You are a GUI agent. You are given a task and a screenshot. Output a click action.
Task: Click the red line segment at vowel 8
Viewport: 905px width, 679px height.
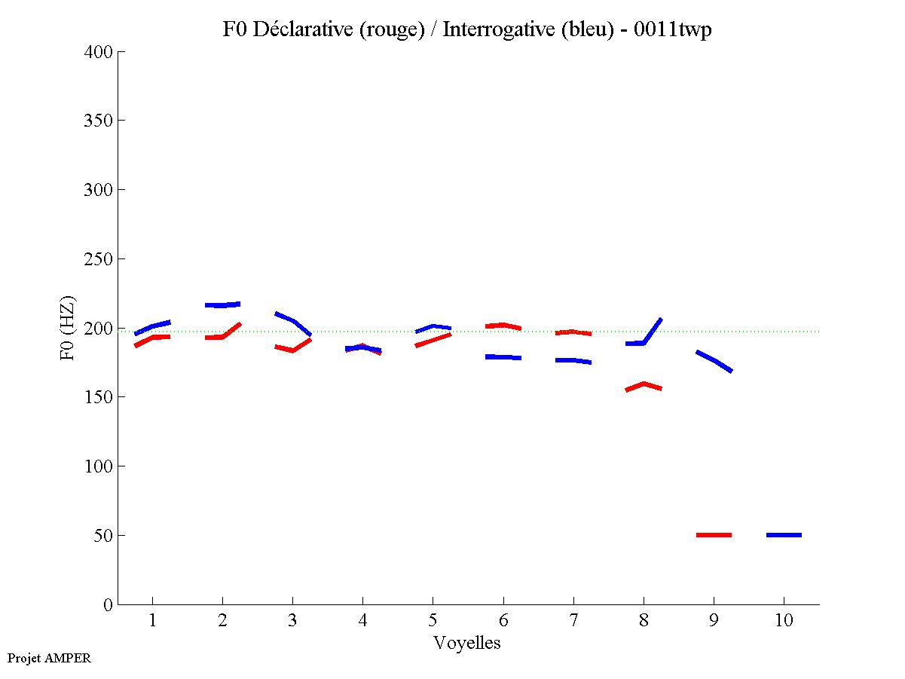click(644, 385)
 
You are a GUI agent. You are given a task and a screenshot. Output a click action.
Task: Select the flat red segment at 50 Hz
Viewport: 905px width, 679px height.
click(714, 535)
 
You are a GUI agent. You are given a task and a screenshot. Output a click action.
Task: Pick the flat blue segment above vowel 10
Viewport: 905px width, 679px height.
click(784, 535)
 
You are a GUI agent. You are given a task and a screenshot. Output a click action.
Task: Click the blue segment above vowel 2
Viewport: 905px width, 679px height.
click(222, 305)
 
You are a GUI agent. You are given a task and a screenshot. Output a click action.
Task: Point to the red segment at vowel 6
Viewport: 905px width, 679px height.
click(503, 326)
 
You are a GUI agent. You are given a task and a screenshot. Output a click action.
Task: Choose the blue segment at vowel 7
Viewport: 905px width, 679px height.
click(573, 360)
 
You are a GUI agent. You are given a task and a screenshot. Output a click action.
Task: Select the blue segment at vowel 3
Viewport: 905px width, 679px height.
click(293, 321)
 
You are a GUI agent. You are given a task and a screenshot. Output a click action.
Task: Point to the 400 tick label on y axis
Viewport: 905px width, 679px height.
click(98, 52)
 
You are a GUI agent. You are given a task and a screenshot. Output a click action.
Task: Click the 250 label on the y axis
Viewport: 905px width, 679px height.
click(98, 259)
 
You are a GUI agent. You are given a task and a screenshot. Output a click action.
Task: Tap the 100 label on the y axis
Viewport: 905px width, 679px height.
click(98, 466)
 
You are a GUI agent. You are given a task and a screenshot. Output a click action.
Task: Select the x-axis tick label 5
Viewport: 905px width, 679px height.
click(433, 621)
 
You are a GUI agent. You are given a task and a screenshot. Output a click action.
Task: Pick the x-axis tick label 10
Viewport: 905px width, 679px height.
click(784, 621)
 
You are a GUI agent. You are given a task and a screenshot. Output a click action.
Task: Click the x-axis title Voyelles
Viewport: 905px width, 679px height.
click(467, 643)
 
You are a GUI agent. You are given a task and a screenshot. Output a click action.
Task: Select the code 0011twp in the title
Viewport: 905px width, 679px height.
click(672, 29)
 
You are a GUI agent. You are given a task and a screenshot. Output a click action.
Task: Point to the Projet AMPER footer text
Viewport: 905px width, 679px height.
click(49, 658)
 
